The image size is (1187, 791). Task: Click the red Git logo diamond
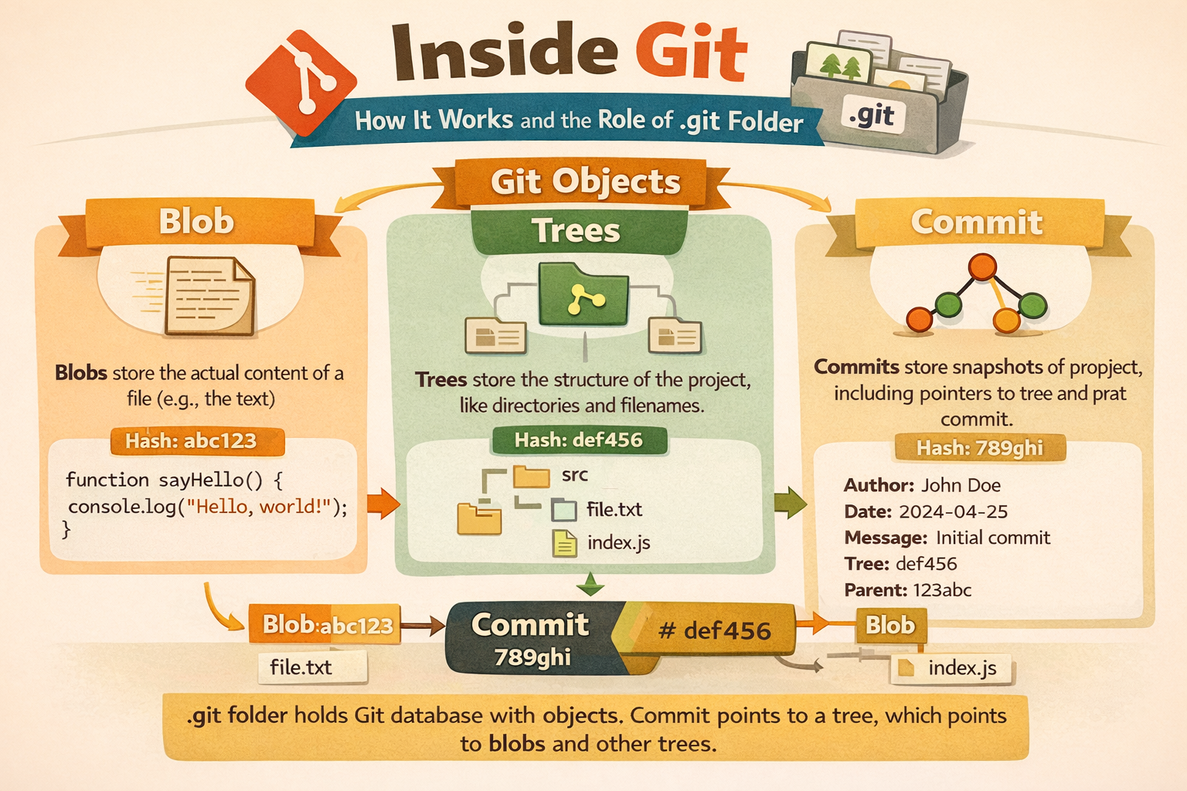(301, 82)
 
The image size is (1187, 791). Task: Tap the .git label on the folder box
(872, 116)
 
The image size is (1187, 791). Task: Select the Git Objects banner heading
(585, 182)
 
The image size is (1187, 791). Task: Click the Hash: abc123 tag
(198, 441)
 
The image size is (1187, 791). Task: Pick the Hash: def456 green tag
(579, 440)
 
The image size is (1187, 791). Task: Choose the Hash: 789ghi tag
(980, 448)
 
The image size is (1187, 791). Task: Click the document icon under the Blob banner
(209, 296)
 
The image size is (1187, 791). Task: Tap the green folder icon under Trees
(583, 294)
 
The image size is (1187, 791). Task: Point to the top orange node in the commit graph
(982, 266)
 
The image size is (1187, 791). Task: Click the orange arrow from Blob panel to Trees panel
(383, 503)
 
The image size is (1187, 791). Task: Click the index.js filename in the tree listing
(618, 542)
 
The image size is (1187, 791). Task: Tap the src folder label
(575, 475)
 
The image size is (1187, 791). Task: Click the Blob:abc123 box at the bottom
(325, 624)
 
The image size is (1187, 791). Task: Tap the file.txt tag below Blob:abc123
(312, 667)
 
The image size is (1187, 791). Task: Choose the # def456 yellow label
(714, 630)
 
